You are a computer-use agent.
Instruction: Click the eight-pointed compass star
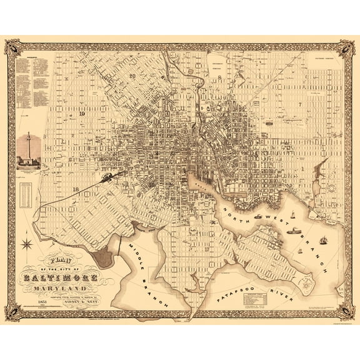(x=27, y=242)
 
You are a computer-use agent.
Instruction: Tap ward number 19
(x=82, y=114)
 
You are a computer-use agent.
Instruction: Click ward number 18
(x=76, y=189)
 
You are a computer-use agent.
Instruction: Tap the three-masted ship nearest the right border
(x=323, y=240)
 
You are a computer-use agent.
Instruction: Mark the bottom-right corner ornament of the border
(x=347, y=312)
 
